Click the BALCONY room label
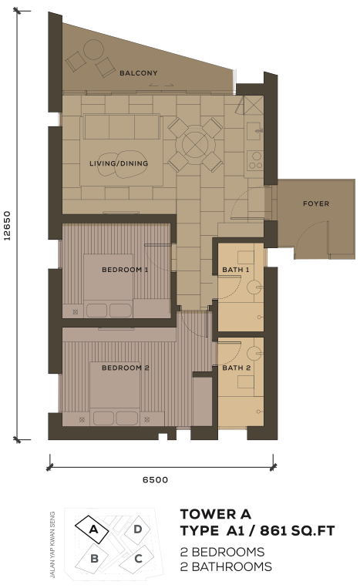(139, 73)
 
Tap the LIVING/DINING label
(119, 163)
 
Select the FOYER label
(316, 203)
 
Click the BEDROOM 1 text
(125, 270)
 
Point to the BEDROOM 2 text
(126, 368)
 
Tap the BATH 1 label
(236, 270)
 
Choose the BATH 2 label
(236, 368)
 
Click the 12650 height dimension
(7, 225)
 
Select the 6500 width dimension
(155, 479)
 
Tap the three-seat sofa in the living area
(122, 126)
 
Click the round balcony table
(93, 50)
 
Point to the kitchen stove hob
(255, 160)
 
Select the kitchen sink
(255, 130)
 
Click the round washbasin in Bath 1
(255, 287)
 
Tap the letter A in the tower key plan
(93, 529)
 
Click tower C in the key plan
(137, 559)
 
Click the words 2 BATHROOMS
(226, 566)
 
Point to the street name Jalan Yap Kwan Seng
(52, 545)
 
